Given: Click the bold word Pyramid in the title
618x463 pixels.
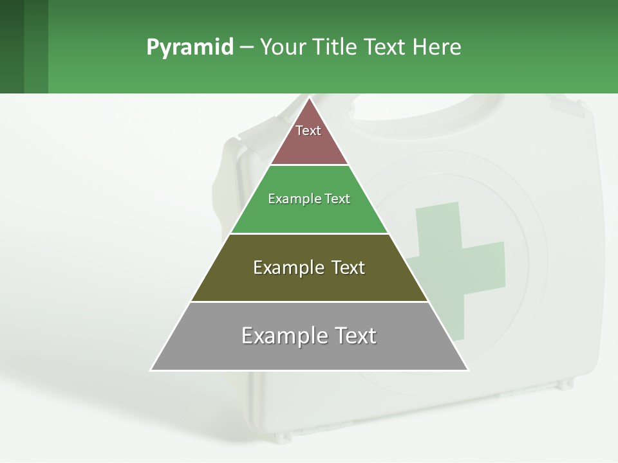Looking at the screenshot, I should (x=189, y=48).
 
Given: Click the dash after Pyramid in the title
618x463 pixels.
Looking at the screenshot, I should (x=246, y=48).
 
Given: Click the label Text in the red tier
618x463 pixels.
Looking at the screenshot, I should (x=308, y=131).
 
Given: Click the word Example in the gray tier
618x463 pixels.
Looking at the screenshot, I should (x=276, y=336).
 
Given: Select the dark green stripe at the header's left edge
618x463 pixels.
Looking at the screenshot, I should (x=12, y=46).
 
